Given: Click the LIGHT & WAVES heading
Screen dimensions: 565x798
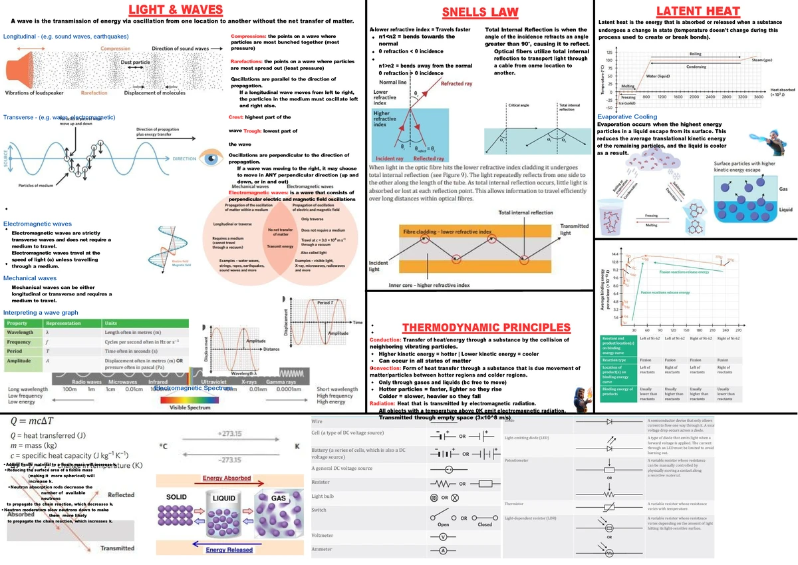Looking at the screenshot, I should click(180, 10).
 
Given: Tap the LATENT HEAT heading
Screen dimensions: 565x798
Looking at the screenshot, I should click(698, 11).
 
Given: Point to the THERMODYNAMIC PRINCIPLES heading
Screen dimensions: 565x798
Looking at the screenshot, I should click(487, 327).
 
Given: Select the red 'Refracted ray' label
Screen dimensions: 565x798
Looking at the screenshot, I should click(456, 84).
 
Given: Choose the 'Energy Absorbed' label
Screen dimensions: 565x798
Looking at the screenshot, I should click(227, 478).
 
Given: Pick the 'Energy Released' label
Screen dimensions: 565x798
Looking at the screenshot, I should click(229, 550).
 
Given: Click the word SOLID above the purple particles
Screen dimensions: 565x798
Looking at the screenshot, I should click(176, 498).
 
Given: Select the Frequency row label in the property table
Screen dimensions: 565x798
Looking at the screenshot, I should click(19, 341).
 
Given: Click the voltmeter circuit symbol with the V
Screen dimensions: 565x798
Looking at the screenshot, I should click(443, 536).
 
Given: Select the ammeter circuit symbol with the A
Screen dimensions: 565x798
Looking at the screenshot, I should click(443, 551).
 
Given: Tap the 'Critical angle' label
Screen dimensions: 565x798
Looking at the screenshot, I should click(518, 105).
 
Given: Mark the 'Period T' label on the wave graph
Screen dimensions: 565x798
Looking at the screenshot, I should click(325, 303).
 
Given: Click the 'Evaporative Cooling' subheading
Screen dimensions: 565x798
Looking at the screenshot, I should click(628, 116).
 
